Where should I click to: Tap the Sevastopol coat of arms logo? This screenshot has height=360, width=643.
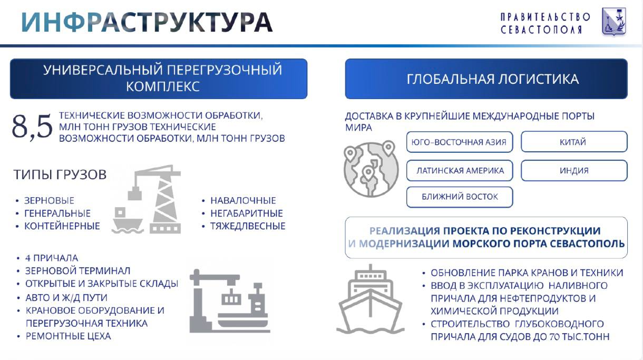tap(614, 22)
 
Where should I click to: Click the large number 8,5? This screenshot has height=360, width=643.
tap(32, 128)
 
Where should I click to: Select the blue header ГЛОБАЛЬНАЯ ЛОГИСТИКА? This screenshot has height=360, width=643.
tap(486, 79)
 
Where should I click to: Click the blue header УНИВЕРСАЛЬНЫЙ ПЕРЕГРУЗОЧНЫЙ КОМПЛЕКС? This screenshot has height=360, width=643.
tap(158, 79)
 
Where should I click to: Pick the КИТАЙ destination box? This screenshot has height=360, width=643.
tap(573, 142)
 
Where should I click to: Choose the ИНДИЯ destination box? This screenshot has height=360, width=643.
tap(573, 170)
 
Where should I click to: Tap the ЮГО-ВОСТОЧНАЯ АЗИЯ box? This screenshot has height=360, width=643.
tap(459, 142)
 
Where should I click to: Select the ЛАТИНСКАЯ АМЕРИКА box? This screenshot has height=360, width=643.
tap(459, 170)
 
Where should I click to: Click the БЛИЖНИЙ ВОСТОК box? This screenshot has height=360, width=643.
tap(459, 197)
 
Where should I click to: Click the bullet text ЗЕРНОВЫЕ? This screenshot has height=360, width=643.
tap(49, 201)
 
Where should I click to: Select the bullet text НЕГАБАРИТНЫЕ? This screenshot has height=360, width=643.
tap(246, 213)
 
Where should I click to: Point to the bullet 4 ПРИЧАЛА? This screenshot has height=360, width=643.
tap(51, 258)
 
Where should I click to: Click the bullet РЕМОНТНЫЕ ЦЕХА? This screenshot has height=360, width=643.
tap(68, 336)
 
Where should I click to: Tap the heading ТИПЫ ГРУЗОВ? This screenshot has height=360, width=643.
tap(60, 174)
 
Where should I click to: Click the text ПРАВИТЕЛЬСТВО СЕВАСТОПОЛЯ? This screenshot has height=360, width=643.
tap(545, 23)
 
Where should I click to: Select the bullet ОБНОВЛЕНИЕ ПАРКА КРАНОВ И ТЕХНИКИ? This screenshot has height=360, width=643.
tap(527, 273)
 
